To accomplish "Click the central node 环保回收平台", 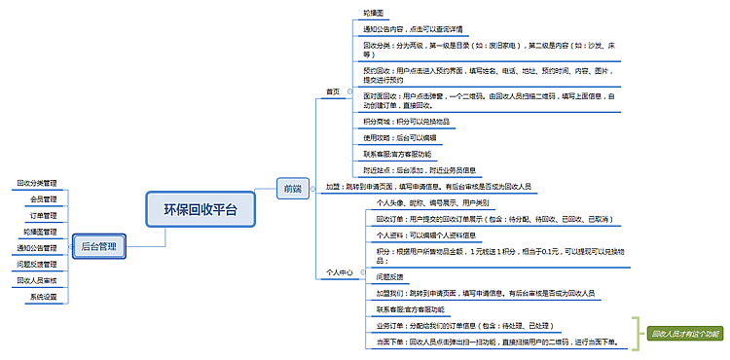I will (x=206, y=208).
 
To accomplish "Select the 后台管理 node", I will (x=99, y=247).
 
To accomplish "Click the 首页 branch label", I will (x=334, y=92).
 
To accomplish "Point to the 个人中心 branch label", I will (x=340, y=273).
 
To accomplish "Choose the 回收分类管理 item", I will (x=37, y=183).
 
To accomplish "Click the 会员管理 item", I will (x=44, y=199).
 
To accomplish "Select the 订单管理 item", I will (x=44, y=215).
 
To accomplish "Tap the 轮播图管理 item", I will (x=40, y=232).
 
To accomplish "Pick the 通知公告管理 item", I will (x=37, y=248).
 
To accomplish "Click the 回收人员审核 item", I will (x=37, y=280).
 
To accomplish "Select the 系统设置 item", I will (x=42, y=297).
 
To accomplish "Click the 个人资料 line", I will (x=425, y=234).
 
